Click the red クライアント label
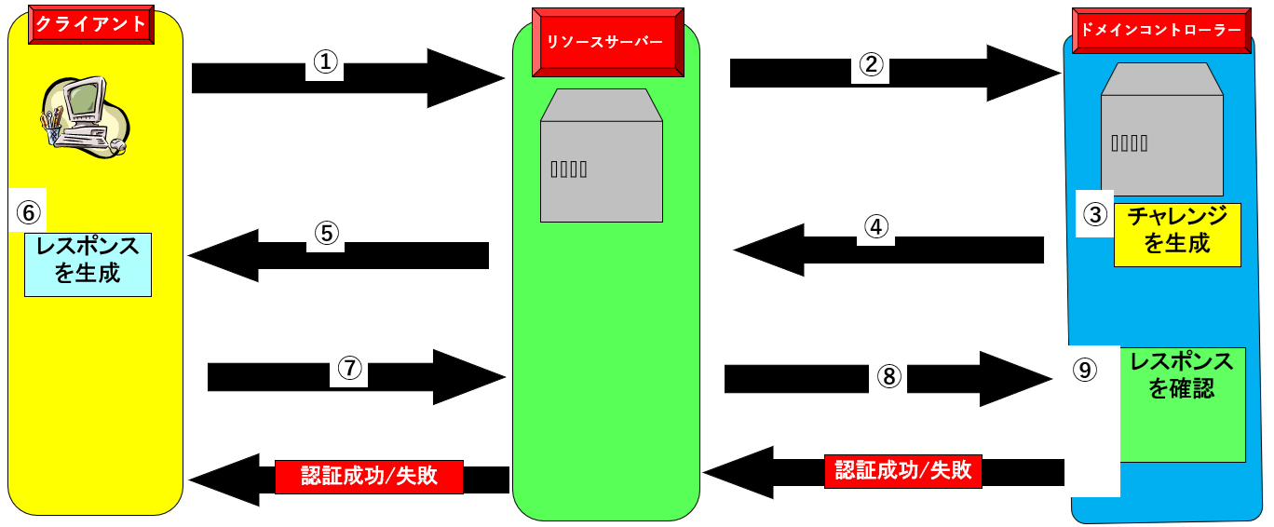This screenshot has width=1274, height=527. pos(91,24)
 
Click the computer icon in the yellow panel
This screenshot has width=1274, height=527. pos(82,116)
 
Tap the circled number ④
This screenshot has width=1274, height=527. pos(875,227)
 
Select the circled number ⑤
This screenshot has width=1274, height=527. pos(325,234)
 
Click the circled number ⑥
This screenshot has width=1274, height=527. pos(29,212)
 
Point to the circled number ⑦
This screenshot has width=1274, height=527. pos(349,369)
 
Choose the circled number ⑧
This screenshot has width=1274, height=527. pos(888,375)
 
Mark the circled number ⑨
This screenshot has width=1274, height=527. pos(1083,370)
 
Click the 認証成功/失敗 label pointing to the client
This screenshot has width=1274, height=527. pos(369,477)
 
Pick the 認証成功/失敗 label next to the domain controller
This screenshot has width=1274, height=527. pos(903,470)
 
